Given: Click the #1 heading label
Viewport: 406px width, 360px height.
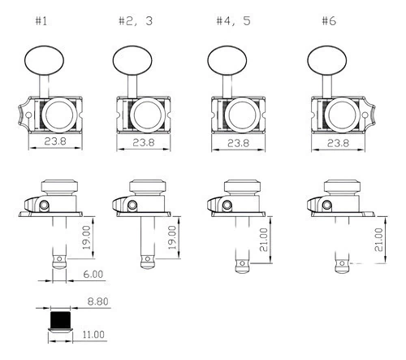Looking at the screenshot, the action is [x=41, y=21].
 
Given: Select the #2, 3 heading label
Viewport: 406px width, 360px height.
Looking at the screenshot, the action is [x=136, y=21].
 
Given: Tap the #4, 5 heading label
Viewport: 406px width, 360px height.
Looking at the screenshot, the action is [x=233, y=21].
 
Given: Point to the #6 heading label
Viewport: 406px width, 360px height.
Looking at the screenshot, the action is [x=329, y=21].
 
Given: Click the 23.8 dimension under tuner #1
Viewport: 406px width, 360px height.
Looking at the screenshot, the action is [x=55, y=141].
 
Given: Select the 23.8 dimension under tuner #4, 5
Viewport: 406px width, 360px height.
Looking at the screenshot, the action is [x=238, y=143].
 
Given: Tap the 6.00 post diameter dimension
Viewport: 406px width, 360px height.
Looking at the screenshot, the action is [x=93, y=274].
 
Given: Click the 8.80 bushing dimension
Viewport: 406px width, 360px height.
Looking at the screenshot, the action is [x=97, y=301].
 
